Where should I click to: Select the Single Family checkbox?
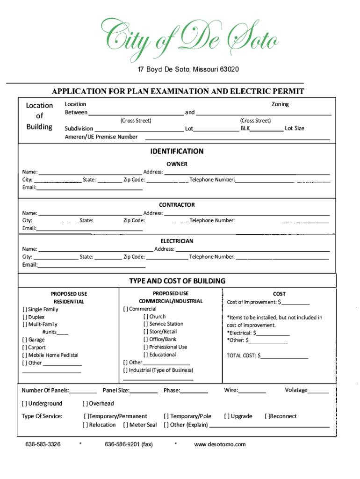pos(25,310)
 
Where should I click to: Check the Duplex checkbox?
pos(25,317)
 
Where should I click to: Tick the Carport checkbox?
pos(25,348)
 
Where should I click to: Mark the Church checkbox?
pos(146,317)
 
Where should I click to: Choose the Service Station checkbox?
pos(146,324)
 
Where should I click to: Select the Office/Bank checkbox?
pos(146,340)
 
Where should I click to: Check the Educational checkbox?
pos(146,355)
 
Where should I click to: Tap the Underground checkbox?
pos(24,404)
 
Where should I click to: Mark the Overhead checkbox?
pos(85,404)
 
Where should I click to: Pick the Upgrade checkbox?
pos(227,416)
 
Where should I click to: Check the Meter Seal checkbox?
pos(125,425)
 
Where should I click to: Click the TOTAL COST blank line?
pos(284,356)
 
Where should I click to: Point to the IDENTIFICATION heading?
pos(177,152)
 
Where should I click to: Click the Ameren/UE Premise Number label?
pos(101,137)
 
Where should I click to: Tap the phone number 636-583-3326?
pos(43,444)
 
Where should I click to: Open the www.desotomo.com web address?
pos(220,444)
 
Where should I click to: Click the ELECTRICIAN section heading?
pos(177,241)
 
